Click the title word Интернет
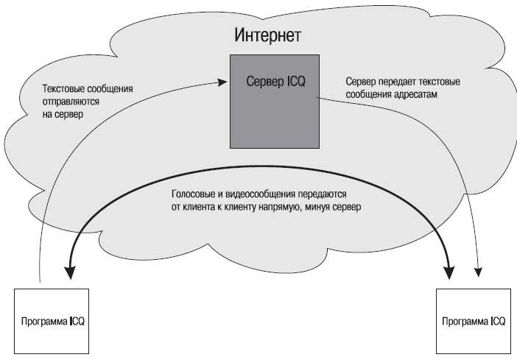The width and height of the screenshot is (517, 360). click(x=267, y=35)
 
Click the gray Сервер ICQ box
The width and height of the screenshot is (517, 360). click(x=274, y=102)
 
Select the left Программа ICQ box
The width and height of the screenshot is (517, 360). click(x=52, y=321)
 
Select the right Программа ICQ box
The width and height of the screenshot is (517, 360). click(x=474, y=321)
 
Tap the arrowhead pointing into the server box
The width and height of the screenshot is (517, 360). click(x=222, y=82)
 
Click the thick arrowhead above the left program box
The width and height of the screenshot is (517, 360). click(x=70, y=272)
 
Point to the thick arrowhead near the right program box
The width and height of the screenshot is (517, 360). click(x=449, y=272)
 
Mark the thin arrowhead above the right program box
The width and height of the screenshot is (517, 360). click(x=478, y=272)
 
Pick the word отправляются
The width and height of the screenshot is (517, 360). click(x=71, y=102)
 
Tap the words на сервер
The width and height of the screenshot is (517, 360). click(x=63, y=114)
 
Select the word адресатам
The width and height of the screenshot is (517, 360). click(x=416, y=95)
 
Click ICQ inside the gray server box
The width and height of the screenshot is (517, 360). click(x=296, y=81)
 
